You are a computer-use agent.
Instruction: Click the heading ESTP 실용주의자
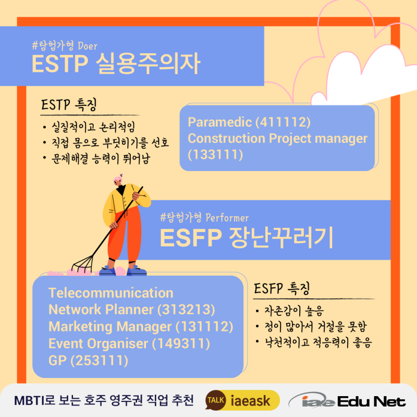click(116, 63)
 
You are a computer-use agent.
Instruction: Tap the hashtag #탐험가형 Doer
click(65, 46)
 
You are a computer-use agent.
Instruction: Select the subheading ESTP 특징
click(69, 105)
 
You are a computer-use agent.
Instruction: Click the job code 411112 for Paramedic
click(283, 122)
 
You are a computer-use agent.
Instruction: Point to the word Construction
click(227, 138)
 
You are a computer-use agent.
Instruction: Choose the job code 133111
click(215, 154)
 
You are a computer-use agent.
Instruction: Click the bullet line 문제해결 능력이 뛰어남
click(101, 158)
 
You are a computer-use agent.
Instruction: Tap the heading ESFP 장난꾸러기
click(246, 238)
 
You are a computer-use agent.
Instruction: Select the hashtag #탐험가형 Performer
click(204, 217)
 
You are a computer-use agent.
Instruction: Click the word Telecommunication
click(111, 293)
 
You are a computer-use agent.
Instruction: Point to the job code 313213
click(186, 310)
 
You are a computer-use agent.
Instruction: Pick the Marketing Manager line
click(141, 327)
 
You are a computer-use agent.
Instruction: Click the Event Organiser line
click(129, 344)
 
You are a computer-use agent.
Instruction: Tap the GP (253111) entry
click(88, 361)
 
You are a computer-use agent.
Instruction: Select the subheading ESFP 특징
click(282, 289)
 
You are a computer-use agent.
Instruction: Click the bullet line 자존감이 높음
click(294, 311)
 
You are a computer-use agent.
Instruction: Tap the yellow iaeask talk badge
click(242, 400)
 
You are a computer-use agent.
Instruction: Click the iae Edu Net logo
click(347, 400)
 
